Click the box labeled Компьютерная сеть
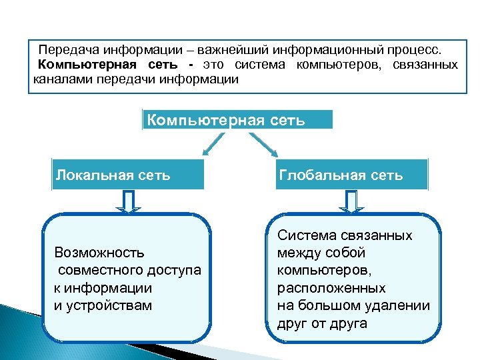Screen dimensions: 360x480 coord(237,120)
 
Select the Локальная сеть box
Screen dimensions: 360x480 coord(127,175)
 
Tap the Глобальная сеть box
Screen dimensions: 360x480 coord(351,175)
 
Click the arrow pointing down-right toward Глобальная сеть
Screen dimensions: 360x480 coord(259,142)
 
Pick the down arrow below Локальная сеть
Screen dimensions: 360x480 coord(129,201)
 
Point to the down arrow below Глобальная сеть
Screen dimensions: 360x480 coord(352,201)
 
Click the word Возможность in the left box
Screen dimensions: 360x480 coord(99,253)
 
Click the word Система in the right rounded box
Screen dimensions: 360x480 coord(306,236)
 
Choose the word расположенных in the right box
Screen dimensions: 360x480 coord(331,288)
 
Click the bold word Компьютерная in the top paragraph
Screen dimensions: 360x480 coord(86,65)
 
